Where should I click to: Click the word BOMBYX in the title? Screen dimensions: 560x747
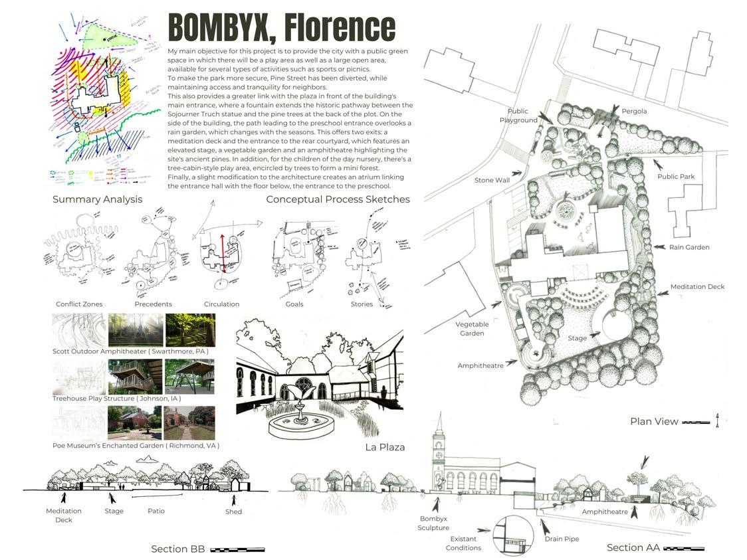click(x=217, y=28)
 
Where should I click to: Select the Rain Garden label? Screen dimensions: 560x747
click(x=689, y=247)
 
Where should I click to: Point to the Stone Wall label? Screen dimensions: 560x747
click(x=492, y=180)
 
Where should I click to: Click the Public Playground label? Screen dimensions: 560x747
click(x=518, y=116)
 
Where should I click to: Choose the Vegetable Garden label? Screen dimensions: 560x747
click(x=472, y=329)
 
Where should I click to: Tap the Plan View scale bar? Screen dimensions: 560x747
click(x=696, y=422)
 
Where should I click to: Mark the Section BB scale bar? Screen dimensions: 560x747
click(x=237, y=549)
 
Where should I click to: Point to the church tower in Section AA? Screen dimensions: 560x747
click(x=438, y=452)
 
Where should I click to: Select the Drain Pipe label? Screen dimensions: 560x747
click(x=562, y=539)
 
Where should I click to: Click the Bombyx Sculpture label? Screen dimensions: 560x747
click(x=434, y=523)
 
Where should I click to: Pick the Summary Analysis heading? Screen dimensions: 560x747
click(x=97, y=199)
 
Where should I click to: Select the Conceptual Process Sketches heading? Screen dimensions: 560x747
click(x=338, y=199)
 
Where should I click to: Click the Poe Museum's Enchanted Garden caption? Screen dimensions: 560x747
click(x=136, y=445)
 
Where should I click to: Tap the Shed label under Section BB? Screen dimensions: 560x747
click(x=233, y=512)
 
